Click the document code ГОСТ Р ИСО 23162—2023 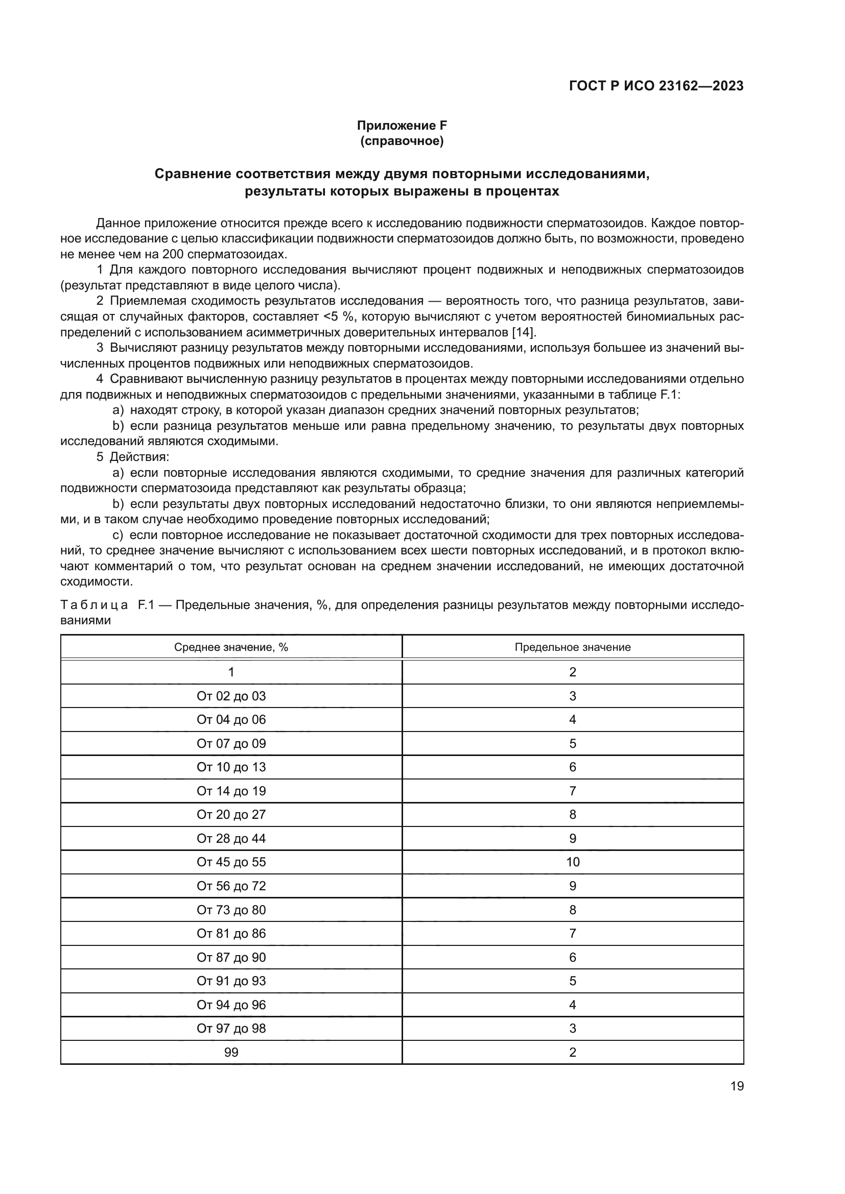(656, 86)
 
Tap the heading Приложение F (402, 126)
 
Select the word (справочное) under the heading (402, 141)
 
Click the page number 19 (737, 1086)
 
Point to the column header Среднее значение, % (231, 647)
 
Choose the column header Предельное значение (572, 647)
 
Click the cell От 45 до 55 (231, 862)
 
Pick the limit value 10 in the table (572, 862)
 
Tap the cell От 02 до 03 (231, 696)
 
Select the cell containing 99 (231, 1052)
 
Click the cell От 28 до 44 (231, 838)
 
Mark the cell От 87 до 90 (231, 957)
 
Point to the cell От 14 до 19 (231, 791)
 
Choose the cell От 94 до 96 (231, 1005)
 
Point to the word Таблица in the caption (94, 605)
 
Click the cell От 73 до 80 (231, 910)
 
